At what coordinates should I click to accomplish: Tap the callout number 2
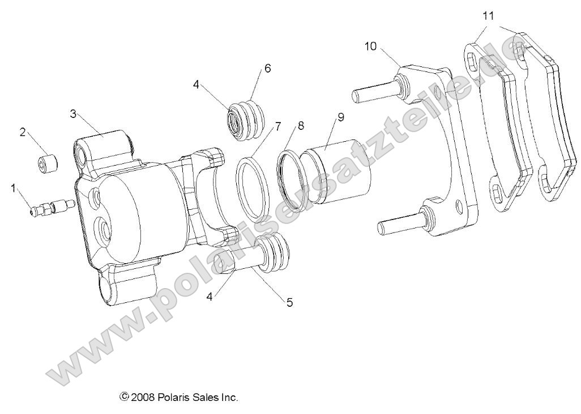(x=23, y=132)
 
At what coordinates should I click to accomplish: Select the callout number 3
(x=73, y=113)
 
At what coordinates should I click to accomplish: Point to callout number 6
(x=267, y=69)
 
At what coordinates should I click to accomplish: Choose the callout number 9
(x=340, y=118)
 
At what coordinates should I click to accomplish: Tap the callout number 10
(x=370, y=46)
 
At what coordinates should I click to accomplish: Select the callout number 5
(x=289, y=302)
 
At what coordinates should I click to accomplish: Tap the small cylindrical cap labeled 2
(x=46, y=165)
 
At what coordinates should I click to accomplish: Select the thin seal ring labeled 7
(x=253, y=189)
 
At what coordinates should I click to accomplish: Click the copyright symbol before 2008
(x=124, y=397)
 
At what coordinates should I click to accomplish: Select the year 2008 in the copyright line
(x=141, y=397)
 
